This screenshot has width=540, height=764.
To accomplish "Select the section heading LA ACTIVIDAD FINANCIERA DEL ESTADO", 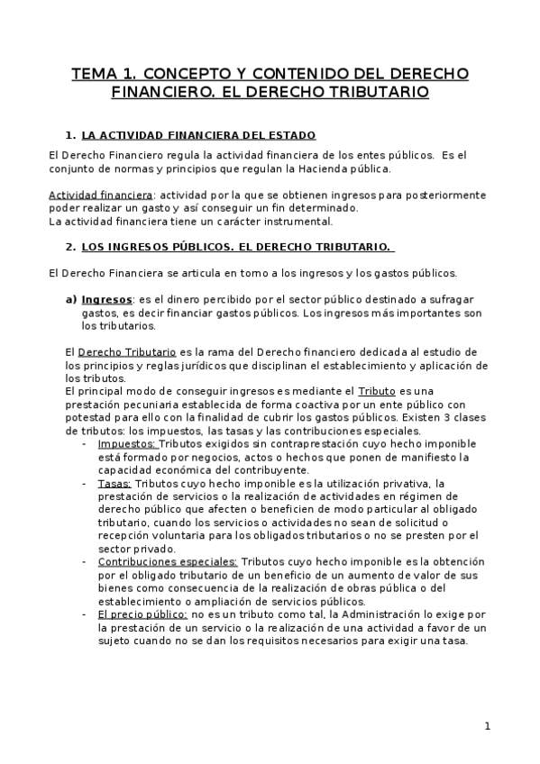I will (x=198, y=135).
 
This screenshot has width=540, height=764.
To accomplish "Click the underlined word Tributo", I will (x=377, y=391).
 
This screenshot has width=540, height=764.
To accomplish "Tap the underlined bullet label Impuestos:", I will (x=127, y=443).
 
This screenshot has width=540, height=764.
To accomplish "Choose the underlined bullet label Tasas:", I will (x=115, y=483).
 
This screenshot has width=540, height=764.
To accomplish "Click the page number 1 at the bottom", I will (x=487, y=726).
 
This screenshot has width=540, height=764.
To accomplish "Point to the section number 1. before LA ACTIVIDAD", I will (x=71, y=135).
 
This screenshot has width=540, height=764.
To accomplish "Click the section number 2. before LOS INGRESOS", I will (x=71, y=247).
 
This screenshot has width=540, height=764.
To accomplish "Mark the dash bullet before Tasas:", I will (x=86, y=483).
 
